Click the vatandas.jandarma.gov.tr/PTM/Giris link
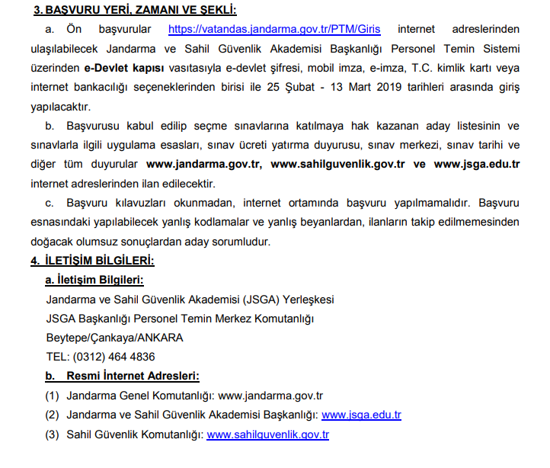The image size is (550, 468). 274,30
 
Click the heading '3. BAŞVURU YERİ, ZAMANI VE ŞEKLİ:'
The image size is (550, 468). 135,10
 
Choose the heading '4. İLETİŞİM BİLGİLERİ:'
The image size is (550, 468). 92,261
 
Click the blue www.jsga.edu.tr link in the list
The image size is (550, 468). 361,415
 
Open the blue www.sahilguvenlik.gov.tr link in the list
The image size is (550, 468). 267,434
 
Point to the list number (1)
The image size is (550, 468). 52,396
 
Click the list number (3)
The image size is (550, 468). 52,434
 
